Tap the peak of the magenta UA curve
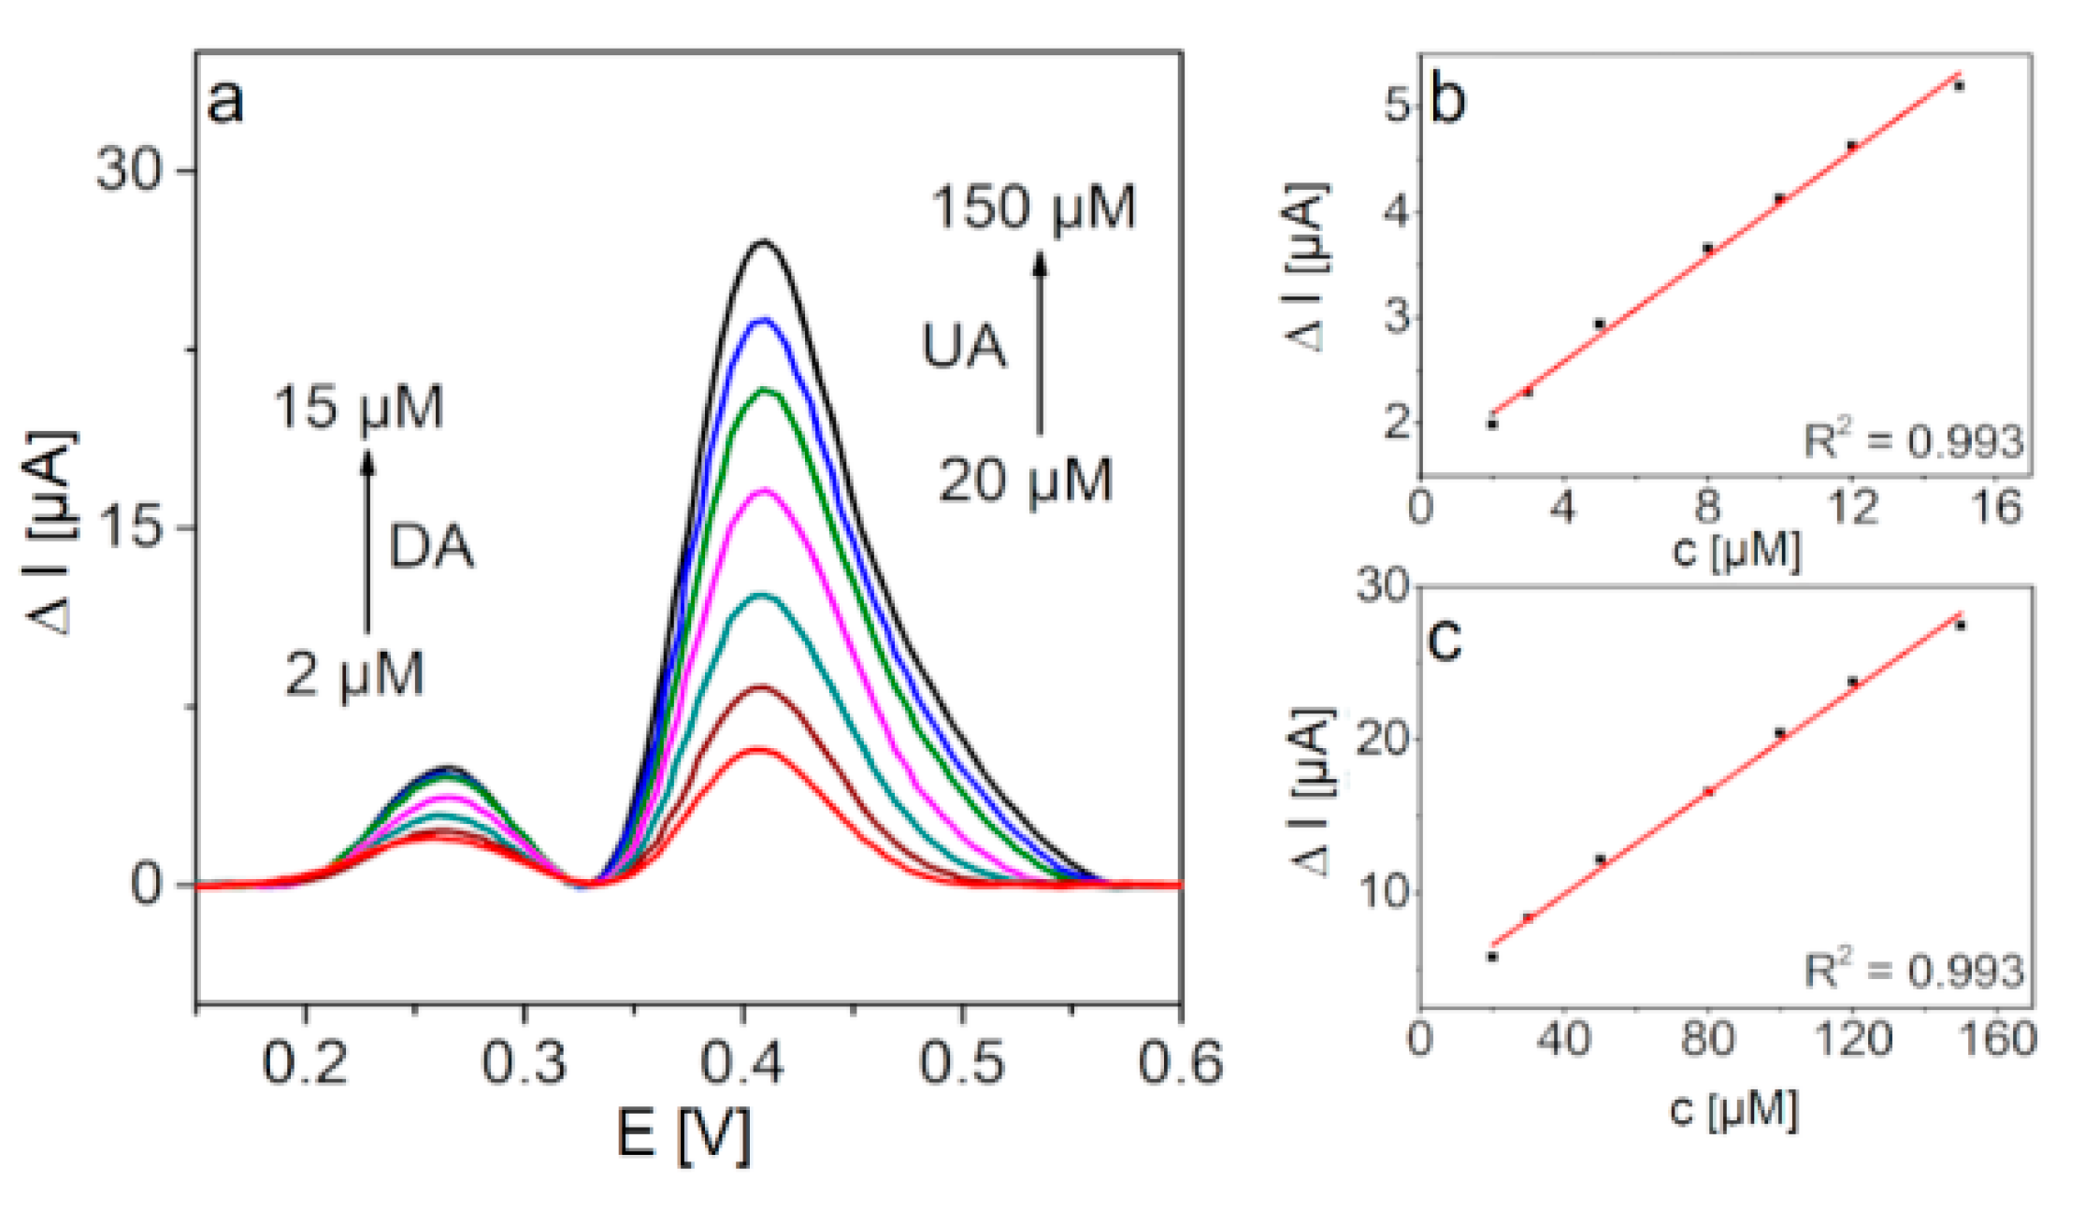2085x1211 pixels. click(765, 490)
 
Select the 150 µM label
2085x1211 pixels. click(1032, 208)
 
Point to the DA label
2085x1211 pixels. click(430, 547)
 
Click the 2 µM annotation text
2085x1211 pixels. click(354, 674)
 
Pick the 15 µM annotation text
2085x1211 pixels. click(358, 408)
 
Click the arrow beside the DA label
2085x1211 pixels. click(367, 542)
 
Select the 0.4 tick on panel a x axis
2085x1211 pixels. click(743, 1063)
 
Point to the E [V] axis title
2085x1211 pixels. click(683, 1135)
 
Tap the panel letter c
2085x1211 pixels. click(1445, 640)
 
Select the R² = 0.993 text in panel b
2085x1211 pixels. click(1913, 440)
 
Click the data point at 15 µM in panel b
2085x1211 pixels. click(1959, 86)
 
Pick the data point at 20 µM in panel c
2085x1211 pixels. click(1492, 957)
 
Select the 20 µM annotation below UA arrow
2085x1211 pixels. click(1025, 482)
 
